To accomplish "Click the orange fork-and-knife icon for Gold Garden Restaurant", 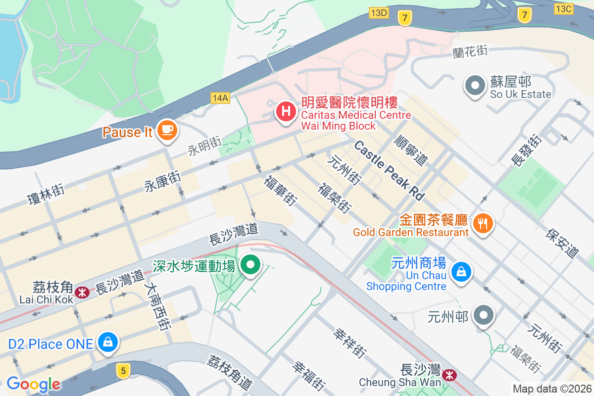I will pyautogui.click(x=483, y=223).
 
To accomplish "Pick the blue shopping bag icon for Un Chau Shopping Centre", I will pyautogui.click(x=461, y=272).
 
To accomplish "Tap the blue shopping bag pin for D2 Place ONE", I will pyautogui.click(x=107, y=342).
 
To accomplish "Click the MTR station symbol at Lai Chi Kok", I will pyautogui.click(x=82, y=293).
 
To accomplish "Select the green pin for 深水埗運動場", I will pyautogui.click(x=251, y=265).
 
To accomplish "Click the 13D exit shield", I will pyautogui.click(x=379, y=13).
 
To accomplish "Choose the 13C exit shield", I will pyautogui.click(x=564, y=8).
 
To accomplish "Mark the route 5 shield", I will pyautogui.click(x=123, y=369).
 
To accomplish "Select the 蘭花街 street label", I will pyautogui.click(x=470, y=51).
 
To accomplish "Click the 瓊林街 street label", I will pyautogui.click(x=46, y=193).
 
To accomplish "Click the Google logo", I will pyautogui.click(x=33, y=384).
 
